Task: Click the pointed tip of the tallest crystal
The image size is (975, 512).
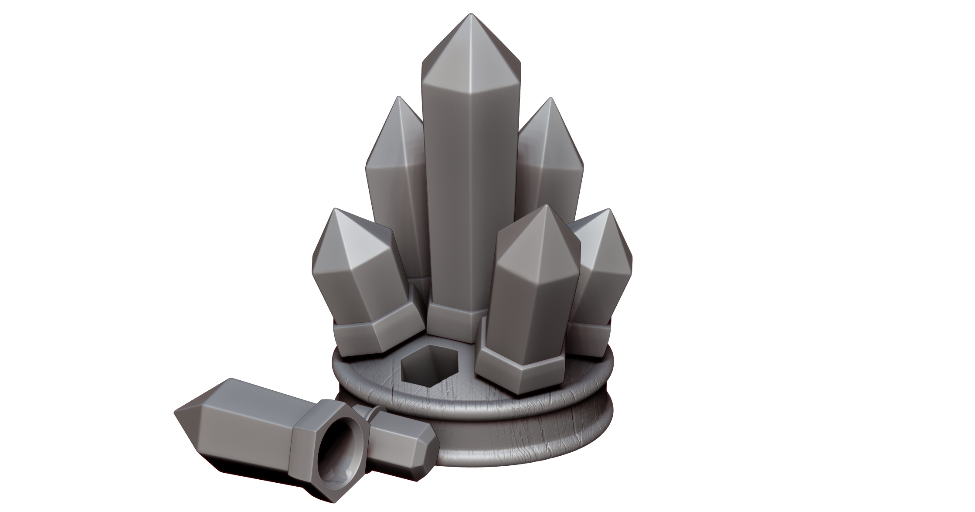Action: click(x=470, y=15)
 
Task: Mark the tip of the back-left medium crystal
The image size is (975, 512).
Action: click(x=398, y=98)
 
